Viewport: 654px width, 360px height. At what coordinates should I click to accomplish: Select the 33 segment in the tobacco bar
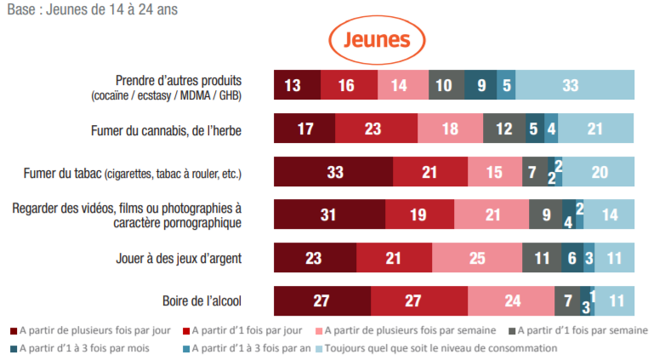click(x=333, y=172)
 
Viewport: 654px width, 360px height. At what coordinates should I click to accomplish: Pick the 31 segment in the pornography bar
click(x=329, y=215)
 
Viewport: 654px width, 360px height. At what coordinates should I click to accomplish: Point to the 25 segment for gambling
click(x=476, y=258)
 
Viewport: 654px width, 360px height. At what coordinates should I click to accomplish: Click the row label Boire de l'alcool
click(x=202, y=301)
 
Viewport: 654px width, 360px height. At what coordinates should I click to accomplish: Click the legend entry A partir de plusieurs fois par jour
click(x=94, y=329)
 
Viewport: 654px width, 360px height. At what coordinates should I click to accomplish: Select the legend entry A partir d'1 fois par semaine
click(x=583, y=329)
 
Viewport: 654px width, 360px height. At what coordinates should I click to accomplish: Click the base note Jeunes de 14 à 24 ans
click(x=81, y=9)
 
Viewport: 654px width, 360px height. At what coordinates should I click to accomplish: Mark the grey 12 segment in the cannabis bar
click(x=504, y=129)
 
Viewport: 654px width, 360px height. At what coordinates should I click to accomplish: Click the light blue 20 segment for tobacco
click(x=599, y=172)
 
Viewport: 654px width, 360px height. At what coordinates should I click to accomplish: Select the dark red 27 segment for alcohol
click(x=322, y=301)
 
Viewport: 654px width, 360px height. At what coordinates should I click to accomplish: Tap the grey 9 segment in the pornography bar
click(x=545, y=215)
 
